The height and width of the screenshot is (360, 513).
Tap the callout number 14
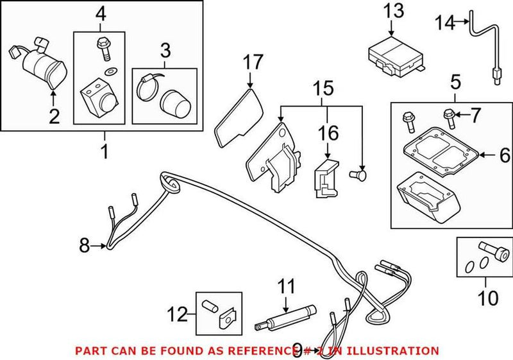coord(444,23)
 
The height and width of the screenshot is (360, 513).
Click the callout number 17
coord(253,63)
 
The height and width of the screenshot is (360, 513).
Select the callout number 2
coord(53,116)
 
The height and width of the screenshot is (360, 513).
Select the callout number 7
coord(475,116)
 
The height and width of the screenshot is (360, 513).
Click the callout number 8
coord(84,244)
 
